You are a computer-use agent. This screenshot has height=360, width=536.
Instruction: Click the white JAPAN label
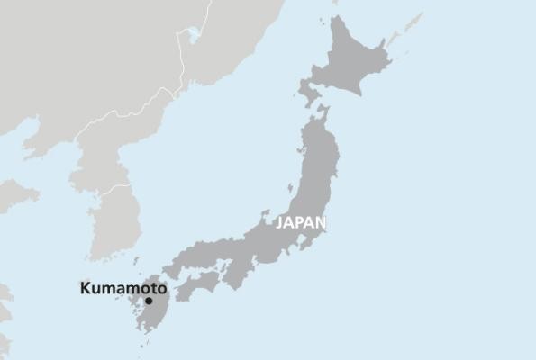(301, 222)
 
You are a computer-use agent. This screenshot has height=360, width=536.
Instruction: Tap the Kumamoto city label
(123, 289)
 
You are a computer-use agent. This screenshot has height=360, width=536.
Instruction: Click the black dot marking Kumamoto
(149, 301)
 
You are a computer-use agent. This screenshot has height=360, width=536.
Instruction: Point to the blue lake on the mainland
(192, 35)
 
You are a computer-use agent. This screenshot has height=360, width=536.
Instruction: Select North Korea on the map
(99, 153)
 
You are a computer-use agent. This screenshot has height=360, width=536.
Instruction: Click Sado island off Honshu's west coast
(290, 191)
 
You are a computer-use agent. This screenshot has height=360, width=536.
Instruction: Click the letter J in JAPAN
(280, 222)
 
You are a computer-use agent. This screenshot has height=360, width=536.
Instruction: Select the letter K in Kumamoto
(86, 289)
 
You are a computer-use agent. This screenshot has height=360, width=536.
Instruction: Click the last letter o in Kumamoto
(161, 289)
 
